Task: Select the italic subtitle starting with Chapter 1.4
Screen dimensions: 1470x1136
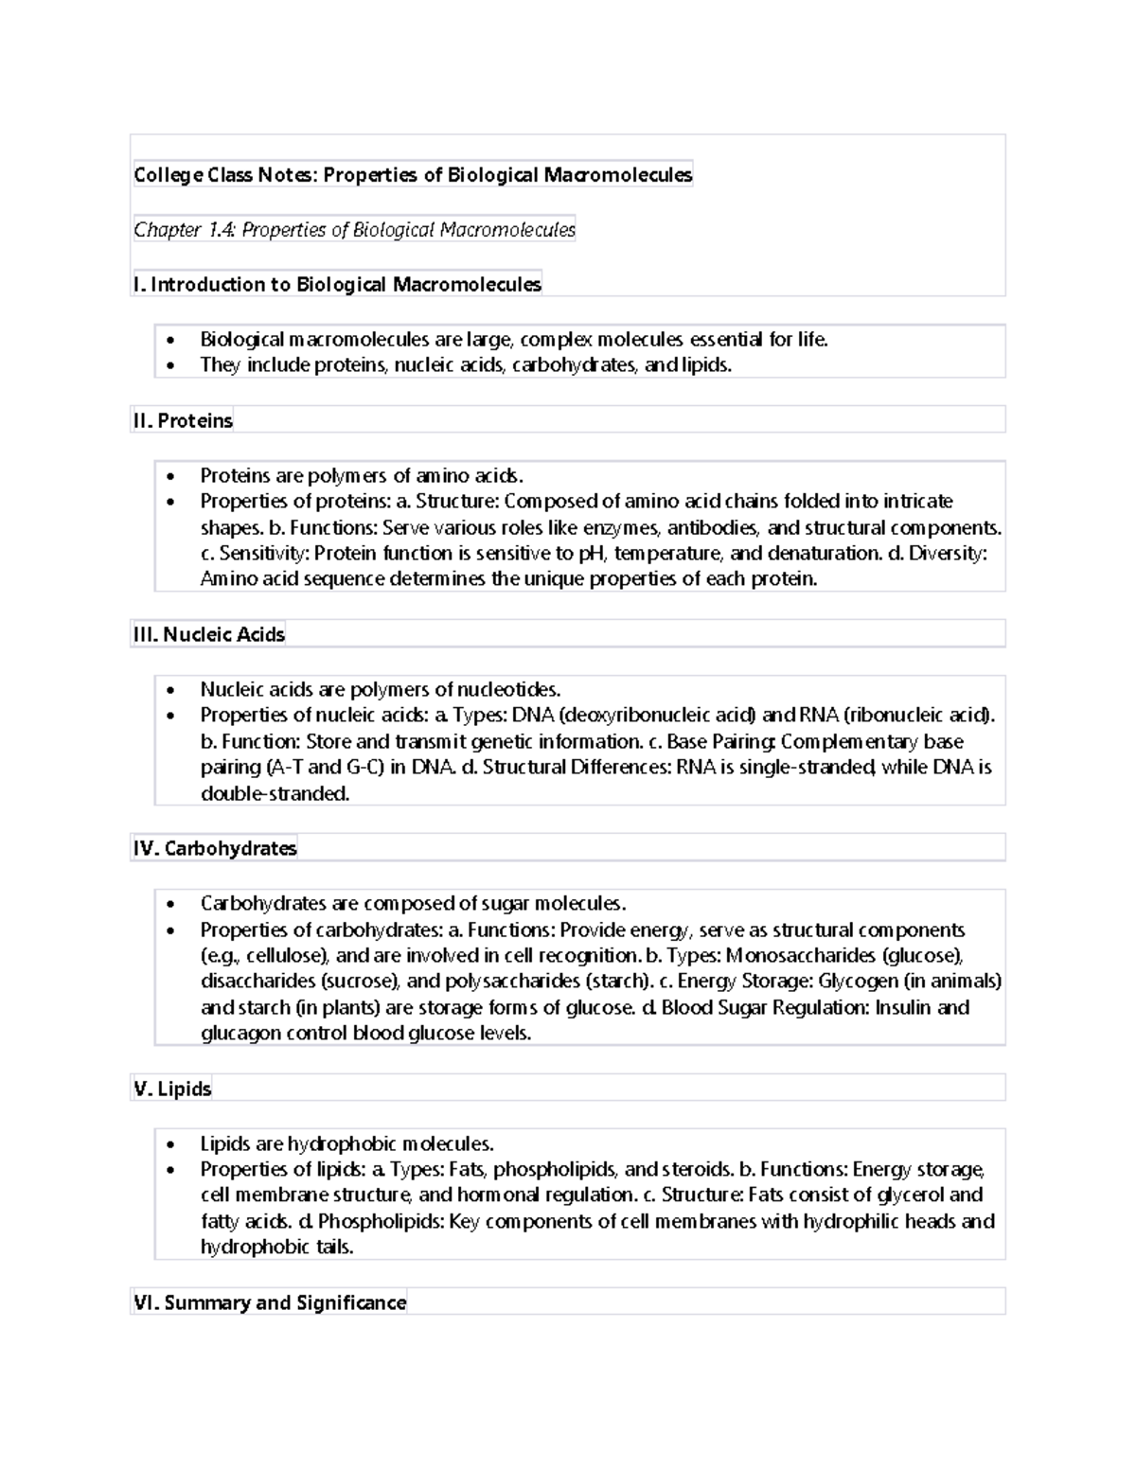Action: click(x=354, y=230)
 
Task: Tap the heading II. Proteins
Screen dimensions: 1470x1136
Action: click(x=183, y=421)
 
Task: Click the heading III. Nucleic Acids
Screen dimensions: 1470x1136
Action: click(x=209, y=635)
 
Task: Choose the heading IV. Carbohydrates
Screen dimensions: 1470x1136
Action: click(x=215, y=849)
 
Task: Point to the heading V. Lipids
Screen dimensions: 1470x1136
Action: click(x=172, y=1089)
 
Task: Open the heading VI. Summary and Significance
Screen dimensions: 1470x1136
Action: click(x=270, y=1303)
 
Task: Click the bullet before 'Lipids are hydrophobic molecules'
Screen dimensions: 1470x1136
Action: click(x=170, y=1144)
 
